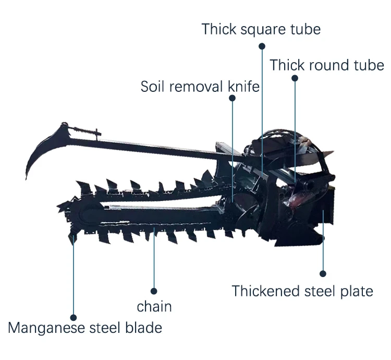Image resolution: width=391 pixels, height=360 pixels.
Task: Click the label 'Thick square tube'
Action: [x=261, y=30]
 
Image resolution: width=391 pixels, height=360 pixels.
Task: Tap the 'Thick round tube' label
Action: [x=327, y=65]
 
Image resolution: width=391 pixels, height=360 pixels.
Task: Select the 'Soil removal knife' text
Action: [x=200, y=87]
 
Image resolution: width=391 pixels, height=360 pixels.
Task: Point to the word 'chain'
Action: [x=154, y=306]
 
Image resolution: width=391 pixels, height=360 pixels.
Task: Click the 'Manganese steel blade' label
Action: [x=85, y=328]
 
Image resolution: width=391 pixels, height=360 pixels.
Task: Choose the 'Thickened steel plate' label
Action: [x=302, y=292]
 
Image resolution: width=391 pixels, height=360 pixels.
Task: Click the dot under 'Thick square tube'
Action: [x=262, y=46]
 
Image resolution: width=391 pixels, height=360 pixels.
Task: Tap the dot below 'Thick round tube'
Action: [x=295, y=78]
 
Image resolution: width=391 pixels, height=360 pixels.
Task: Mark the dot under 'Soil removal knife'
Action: [x=232, y=98]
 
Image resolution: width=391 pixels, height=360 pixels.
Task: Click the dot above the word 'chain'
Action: [x=154, y=291]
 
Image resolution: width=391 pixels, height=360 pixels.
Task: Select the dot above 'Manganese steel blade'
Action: [x=74, y=318]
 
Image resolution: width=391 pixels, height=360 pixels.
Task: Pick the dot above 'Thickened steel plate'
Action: [x=323, y=274]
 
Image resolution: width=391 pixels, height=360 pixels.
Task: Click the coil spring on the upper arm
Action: [x=82, y=130]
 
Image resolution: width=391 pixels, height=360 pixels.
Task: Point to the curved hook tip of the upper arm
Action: [x=26, y=178]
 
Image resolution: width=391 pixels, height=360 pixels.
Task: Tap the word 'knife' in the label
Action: [x=243, y=87]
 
